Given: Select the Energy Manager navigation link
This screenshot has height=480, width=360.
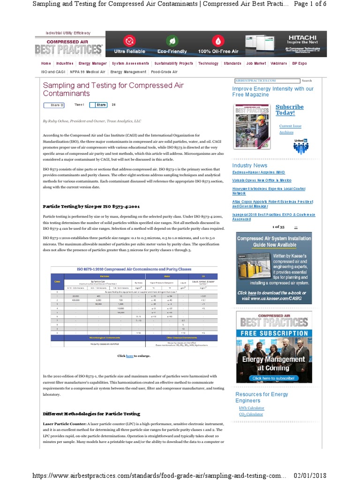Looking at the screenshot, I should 93,63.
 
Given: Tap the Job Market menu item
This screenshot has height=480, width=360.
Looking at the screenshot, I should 256,63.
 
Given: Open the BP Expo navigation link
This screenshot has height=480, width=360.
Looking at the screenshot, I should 299,63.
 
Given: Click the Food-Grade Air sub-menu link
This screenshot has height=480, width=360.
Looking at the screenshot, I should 164,72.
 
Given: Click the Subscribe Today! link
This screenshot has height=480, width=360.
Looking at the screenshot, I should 289,110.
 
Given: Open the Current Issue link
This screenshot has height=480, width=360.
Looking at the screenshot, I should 290,126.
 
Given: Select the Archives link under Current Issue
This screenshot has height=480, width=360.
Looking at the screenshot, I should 286,132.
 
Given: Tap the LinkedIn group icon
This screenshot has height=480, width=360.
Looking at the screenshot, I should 300,147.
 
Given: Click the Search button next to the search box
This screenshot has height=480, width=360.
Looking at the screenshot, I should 307,81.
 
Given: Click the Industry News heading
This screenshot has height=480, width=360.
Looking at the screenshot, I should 249,165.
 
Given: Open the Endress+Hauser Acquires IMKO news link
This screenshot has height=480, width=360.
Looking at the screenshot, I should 258,172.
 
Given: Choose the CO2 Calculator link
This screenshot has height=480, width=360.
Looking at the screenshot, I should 251,414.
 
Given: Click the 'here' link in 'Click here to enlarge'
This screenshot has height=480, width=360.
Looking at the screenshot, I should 129,356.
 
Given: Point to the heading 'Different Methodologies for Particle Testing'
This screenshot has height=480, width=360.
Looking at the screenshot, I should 91,414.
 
